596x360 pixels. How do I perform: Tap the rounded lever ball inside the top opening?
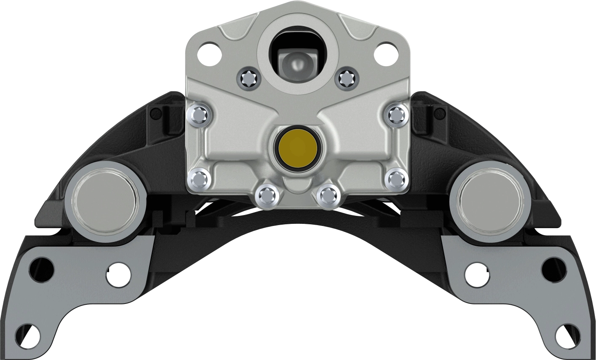(297, 62)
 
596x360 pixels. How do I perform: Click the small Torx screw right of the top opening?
(346, 78)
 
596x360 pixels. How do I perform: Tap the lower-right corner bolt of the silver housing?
(396, 179)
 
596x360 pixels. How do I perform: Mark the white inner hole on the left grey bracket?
(118, 274)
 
